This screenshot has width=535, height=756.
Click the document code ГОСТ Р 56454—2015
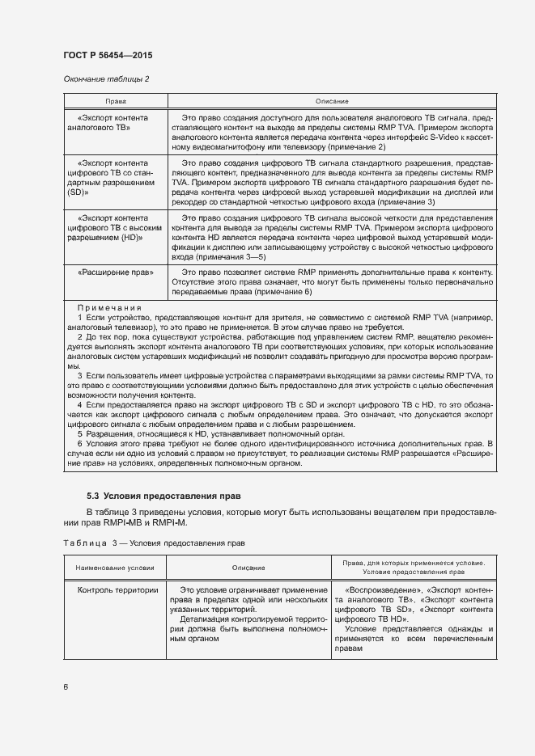(108, 55)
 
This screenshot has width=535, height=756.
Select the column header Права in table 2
(115, 102)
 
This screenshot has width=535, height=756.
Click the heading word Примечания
(109, 308)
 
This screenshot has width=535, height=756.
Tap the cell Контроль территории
(117, 590)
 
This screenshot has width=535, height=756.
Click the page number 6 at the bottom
(66, 687)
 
